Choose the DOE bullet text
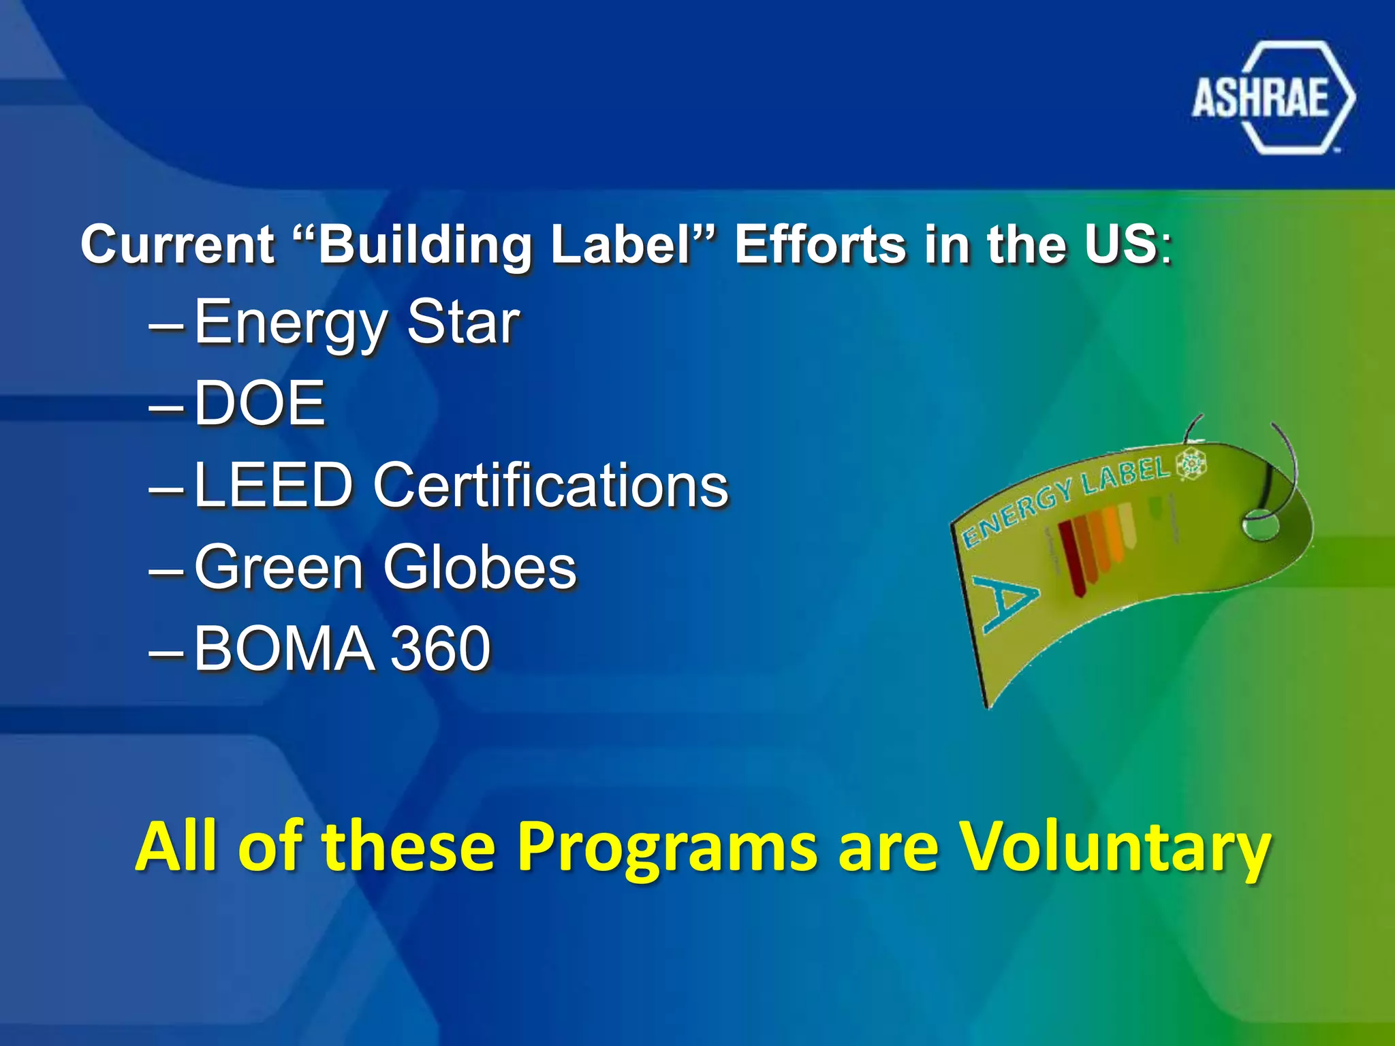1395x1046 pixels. point(260,403)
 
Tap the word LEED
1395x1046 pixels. point(273,485)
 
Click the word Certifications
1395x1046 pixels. point(550,485)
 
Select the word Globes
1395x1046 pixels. point(480,567)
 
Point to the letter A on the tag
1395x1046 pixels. point(1005,600)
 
